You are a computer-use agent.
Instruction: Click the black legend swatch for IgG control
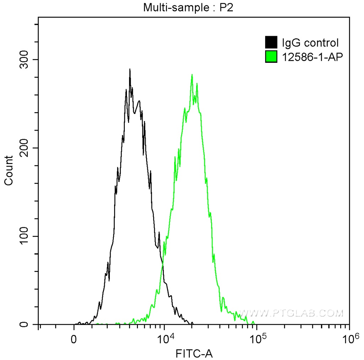pyautogui.click(x=271, y=43)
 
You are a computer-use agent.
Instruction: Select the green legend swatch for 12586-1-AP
pyautogui.click(x=271, y=56)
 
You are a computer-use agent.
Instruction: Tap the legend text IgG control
pyautogui.click(x=310, y=43)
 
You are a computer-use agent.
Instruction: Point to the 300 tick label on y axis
pyautogui.click(x=26, y=60)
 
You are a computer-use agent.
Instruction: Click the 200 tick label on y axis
pyautogui.click(x=26, y=148)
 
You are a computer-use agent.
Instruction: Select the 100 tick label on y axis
pyautogui.click(x=26, y=236)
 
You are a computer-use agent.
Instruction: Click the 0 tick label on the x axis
pyautogui.click(x=74, y=339)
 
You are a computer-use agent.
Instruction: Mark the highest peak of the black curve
pyautogui.click(x=130, y=69)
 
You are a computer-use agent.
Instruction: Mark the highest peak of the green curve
pyautogui.click(x=192, y=75)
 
